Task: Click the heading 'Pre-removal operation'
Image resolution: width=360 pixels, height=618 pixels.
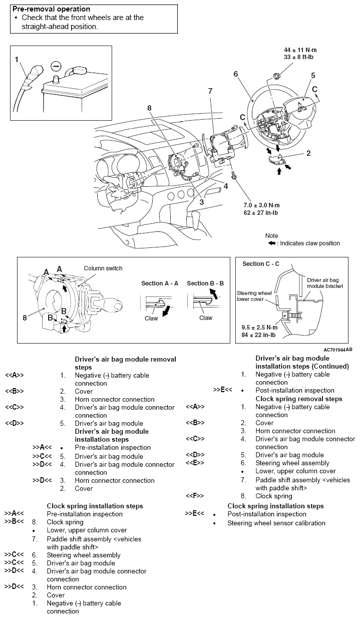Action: [x=51, y=9]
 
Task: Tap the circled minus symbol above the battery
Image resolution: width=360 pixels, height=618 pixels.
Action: [x=57, y=66]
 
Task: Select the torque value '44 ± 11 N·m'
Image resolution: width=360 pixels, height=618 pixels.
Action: [x=300, y=50]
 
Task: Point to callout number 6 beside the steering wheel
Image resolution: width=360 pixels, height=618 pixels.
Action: [x=235, y=74]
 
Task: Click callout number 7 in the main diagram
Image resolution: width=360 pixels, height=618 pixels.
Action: [x=210, y=91]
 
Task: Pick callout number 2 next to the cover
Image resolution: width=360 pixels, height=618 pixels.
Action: [x=308, y=153]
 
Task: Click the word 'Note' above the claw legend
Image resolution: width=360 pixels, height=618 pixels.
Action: [x=271, y=235]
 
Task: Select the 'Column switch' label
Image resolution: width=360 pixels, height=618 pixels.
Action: [x=103, y=268]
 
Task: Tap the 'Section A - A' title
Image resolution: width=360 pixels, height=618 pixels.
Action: [x=160, y=283]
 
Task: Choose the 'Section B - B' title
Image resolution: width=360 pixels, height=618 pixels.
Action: [x=205, y=283]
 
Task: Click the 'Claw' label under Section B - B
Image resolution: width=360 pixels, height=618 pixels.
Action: [x=205, y=318]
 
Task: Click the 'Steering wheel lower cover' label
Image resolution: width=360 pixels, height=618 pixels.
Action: [x=254, y=296]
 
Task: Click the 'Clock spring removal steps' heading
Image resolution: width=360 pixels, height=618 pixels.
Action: [x=299, y=399]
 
